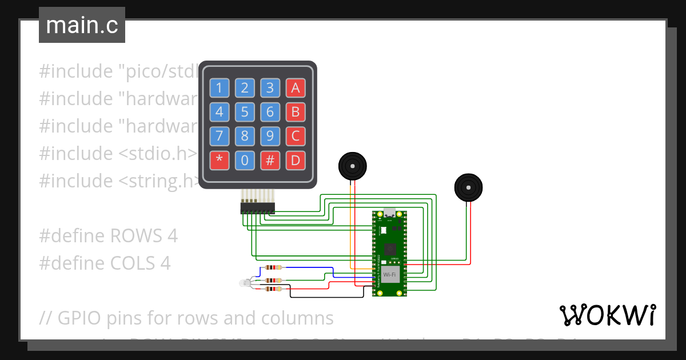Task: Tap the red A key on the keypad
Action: coord(295,88)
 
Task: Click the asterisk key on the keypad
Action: coord(219,161)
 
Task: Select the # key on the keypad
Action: coord(270,161)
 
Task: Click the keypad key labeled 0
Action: coord(245,161)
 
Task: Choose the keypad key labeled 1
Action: coord(219,88)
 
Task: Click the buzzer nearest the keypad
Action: coord(352,166)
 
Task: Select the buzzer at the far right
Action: coord(468,188)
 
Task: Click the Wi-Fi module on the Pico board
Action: coord(390,275)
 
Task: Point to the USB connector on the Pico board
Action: coord(389,213)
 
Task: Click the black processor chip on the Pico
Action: coord(390,249)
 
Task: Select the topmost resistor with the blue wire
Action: coord(275,267)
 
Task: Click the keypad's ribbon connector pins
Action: coord(257,206)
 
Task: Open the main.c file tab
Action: coord(82,25)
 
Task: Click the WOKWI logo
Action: coord(607,315)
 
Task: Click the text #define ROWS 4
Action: coord(108,236)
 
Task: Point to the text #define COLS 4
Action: coord(105,263)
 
